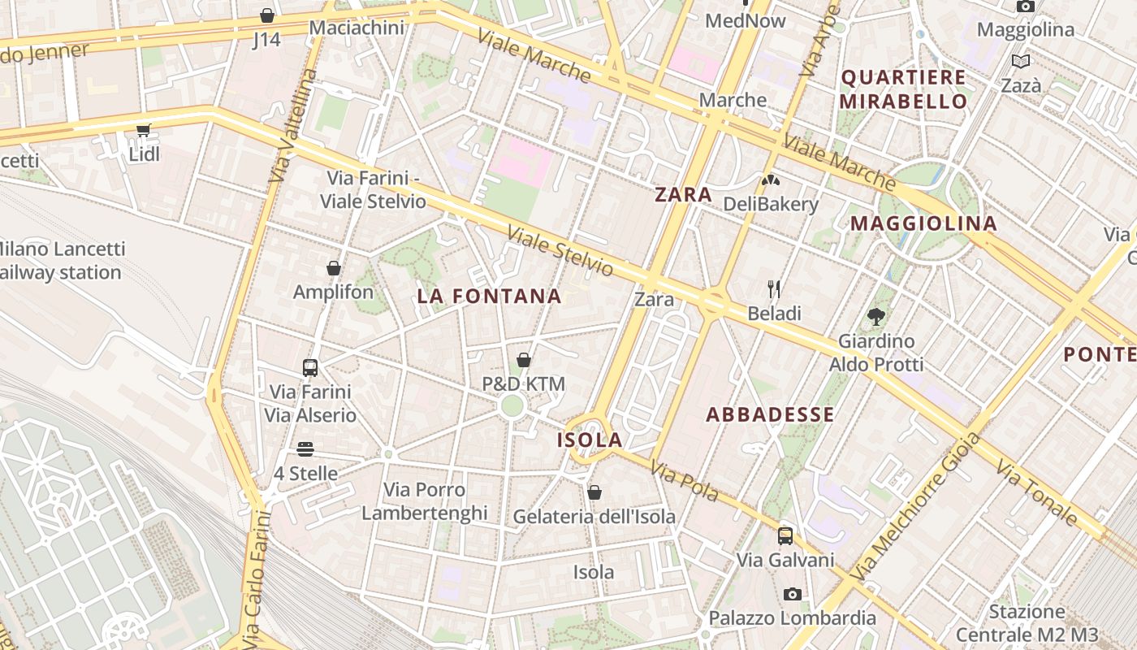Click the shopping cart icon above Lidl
(x=144, y=130)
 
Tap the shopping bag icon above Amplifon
(x=334, y=267)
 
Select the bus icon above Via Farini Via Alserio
(x=310, y=367)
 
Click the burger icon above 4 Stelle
(x=305, y=448)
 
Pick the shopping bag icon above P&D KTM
(x=524, y=359)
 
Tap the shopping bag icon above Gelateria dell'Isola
(x=594, y=492)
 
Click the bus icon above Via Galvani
(x=785, y=535)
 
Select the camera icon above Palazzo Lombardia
(x=793, y=594)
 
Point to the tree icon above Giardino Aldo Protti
(x=875, y=316)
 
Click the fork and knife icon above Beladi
(x=774, y=288)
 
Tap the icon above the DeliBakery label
(x=770, y=180)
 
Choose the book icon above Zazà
(x=1021, y=61)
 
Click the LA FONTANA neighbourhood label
(x=490, y=297)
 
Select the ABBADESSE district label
(x=770, y=415)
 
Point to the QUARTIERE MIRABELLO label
(x=903, y=89)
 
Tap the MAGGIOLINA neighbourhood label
(x=923, y=223)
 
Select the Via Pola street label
(x=685, y=481)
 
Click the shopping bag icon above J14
(x=266, y=15)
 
